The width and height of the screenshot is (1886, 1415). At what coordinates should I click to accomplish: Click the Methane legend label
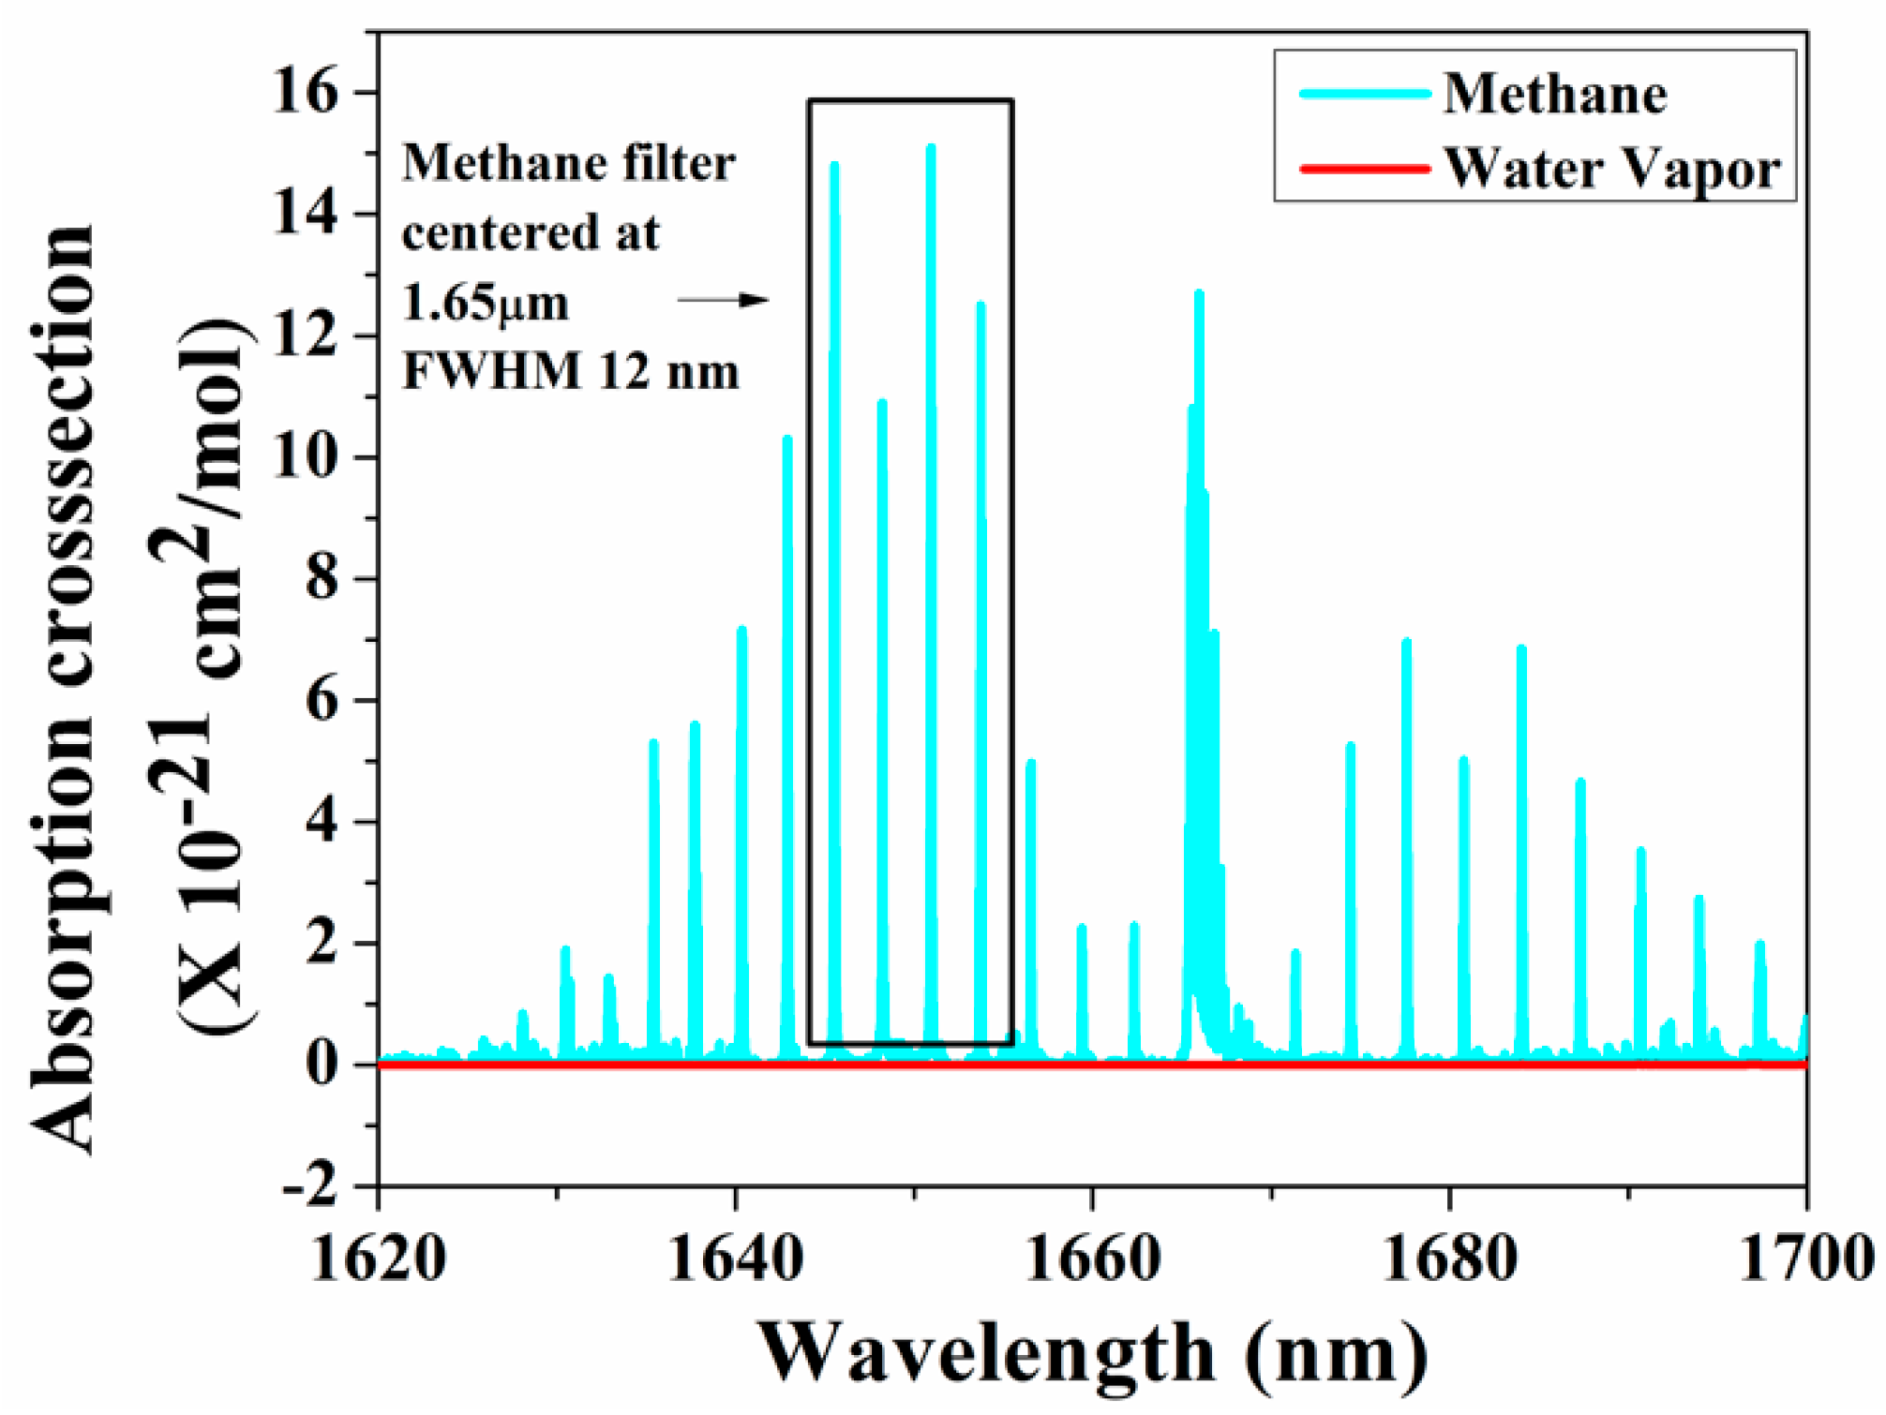pos(1554,95)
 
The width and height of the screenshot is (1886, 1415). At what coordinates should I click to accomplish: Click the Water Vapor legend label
pos(1610,170)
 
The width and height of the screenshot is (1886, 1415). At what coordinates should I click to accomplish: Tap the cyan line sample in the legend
pos(1365,94)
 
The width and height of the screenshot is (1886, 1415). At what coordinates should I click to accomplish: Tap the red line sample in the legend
pos(1365,170)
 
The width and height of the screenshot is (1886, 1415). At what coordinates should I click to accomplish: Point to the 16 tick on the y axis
pos(304,92)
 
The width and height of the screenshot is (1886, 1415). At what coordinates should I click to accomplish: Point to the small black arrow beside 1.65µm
pos(723,301)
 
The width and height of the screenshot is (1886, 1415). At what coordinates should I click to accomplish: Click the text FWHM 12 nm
pos(570,372)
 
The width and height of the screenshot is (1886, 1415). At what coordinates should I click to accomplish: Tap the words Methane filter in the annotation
pos(568,164)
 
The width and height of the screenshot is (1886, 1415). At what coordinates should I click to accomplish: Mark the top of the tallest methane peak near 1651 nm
pos(931,148)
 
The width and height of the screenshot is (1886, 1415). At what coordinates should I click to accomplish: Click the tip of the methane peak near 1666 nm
pos(1199,294)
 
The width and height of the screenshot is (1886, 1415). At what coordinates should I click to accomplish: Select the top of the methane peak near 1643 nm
pos(787,439)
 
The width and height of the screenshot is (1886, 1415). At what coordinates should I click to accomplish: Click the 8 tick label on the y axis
pos(322,579)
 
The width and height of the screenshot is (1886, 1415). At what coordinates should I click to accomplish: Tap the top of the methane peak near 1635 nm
pos(653,743)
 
